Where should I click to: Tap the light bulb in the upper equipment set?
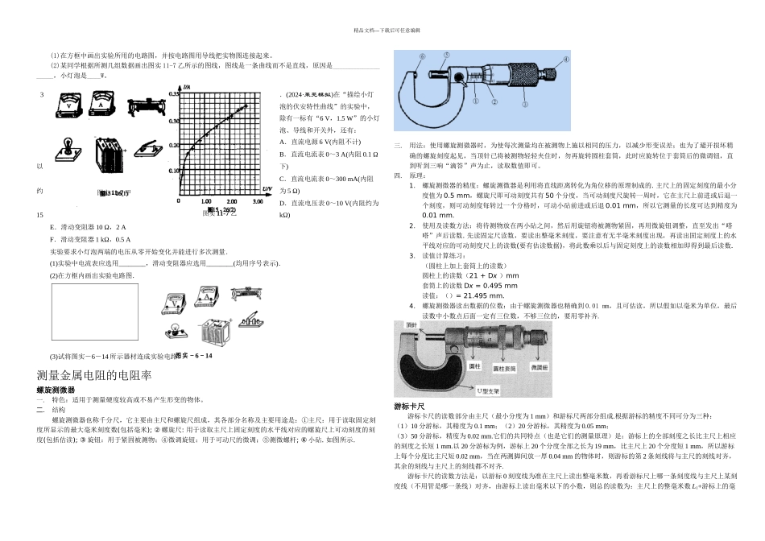(68, 151)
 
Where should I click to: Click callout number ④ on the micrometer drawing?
(566, 60)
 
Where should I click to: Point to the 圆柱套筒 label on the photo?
(504, 369)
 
